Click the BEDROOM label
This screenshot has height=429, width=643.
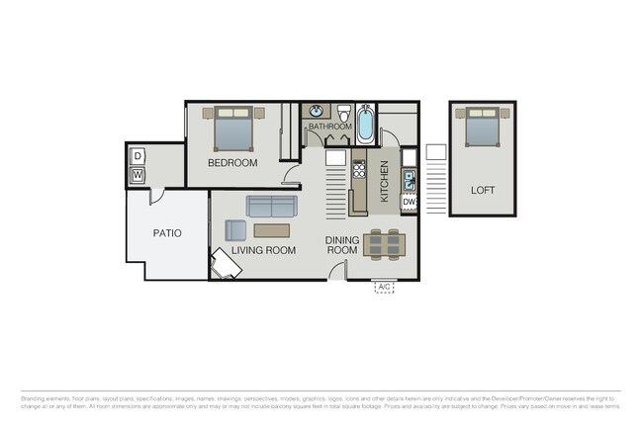tap(232, 163)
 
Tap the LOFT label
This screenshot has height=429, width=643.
tap(482, 190)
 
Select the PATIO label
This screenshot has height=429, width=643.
tap(166, 233)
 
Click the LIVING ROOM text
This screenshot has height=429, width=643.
tap(264, 251)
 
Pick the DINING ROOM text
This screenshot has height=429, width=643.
tap(341, 245)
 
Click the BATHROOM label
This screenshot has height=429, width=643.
tap(329, 128)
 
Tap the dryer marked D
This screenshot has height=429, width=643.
tap(138, 156)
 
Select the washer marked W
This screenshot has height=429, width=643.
tap(138, 176)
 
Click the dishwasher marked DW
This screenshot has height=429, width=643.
tap(409, 202)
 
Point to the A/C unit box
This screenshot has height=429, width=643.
tap(385, 288)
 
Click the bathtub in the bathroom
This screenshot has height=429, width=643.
tap(365, 124)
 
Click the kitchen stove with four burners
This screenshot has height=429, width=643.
tap(359, 169)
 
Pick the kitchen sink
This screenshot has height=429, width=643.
tap(408, 180)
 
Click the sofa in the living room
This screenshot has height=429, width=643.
tap(271, 207)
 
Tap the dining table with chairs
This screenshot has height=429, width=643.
tap(383, 242)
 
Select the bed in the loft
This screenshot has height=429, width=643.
tap(482, 128)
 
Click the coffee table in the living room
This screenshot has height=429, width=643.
tap(271, 230)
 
